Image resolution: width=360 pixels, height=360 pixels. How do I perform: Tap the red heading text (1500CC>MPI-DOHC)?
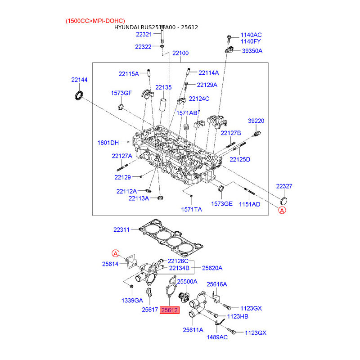coord(95,21)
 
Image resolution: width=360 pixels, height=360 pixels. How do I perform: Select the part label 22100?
coord(180,53)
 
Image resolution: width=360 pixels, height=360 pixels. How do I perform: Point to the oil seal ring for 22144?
coord(79,95)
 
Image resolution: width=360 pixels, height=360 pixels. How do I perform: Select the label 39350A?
coord(252,51)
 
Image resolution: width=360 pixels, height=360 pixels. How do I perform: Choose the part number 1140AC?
coord(251,35)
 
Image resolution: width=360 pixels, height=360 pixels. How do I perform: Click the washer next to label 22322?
coord(162,47)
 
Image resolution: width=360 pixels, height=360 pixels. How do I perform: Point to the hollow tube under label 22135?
coord(162,104)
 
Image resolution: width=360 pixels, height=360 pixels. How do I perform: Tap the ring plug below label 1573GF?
coord(121,107)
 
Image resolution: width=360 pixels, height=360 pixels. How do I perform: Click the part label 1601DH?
coord(108,143)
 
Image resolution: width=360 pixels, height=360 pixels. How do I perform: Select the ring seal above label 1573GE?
coord(221,188)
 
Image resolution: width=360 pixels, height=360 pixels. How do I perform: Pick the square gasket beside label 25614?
coord(131,261)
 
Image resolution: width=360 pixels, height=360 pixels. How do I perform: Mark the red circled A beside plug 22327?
coord(282,210)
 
